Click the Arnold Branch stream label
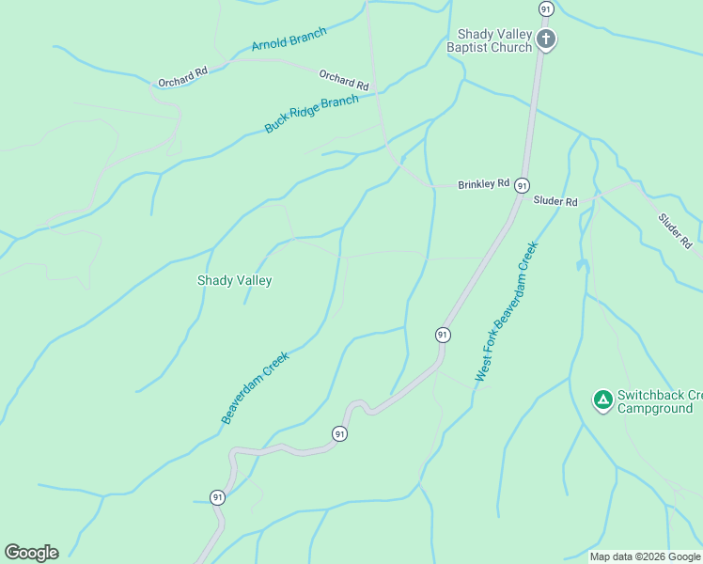coord(289,39)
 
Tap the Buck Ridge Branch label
coord(311,114)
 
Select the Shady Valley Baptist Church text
coord(490,40)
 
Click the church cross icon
coord(546,39)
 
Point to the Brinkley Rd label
coord(483,184)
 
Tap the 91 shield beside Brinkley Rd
coord(522,185)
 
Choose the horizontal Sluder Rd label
coord(555,201)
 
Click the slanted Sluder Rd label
coord(675,230)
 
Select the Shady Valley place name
coord(234,280)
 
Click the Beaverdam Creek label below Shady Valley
coord(255,388)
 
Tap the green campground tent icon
coord(602,400)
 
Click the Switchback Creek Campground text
coord(654,401)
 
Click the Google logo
coord(31,553)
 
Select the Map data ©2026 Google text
coord(645,556)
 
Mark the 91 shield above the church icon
coord(546,8)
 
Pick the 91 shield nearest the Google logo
coord(217,497)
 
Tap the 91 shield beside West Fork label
coord(442,335)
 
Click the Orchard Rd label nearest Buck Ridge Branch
coord(343,81)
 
